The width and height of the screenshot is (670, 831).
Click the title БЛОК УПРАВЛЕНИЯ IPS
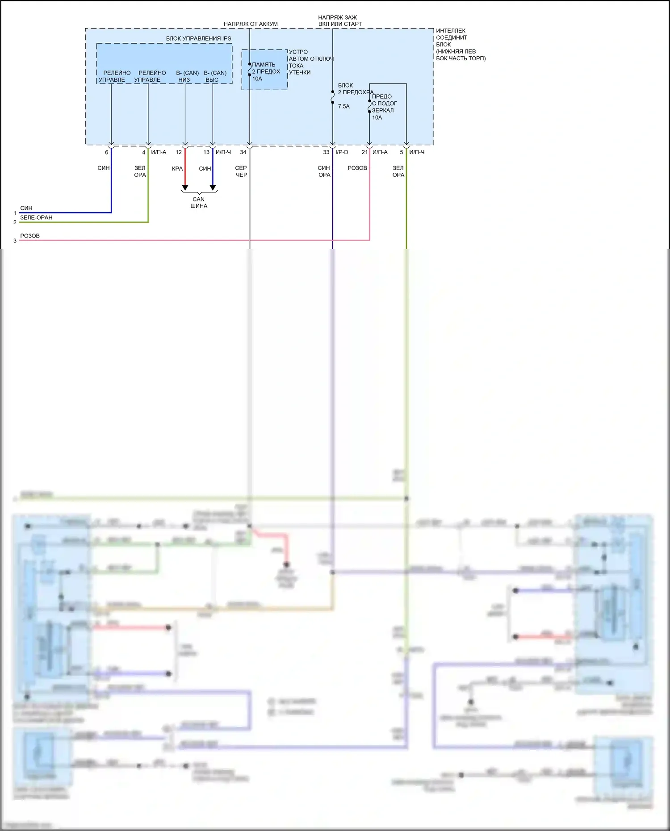(198, 38)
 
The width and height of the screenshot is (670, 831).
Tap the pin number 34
(243, 152)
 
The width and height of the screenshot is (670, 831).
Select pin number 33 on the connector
(326, 152)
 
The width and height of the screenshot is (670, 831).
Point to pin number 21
(364, 152)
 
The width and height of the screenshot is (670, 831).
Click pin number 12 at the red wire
(179, 152)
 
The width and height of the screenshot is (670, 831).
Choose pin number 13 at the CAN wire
(206, 152)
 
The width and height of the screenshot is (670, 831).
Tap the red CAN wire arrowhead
(185, 188)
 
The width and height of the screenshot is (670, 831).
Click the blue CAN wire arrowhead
(213, 188)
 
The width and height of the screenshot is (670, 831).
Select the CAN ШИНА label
(199, 203)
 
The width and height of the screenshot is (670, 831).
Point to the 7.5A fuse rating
(344, 107)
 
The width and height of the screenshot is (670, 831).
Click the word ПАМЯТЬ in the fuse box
(264, 65)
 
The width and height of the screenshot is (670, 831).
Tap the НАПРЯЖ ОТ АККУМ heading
(251, 24)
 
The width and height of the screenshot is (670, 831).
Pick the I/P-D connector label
(342, 152)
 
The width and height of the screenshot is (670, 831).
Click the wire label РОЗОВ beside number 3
(30, 236)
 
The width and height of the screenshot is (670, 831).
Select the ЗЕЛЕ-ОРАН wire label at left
(36, 217)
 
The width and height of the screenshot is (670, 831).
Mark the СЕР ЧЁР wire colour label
(241, 171)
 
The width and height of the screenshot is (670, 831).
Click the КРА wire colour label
(177, 169)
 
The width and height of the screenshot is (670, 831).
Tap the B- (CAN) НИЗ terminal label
(187, 76)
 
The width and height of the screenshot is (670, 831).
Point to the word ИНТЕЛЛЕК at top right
(451, 31)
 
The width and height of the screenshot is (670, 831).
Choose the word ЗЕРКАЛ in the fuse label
(383, 110)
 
